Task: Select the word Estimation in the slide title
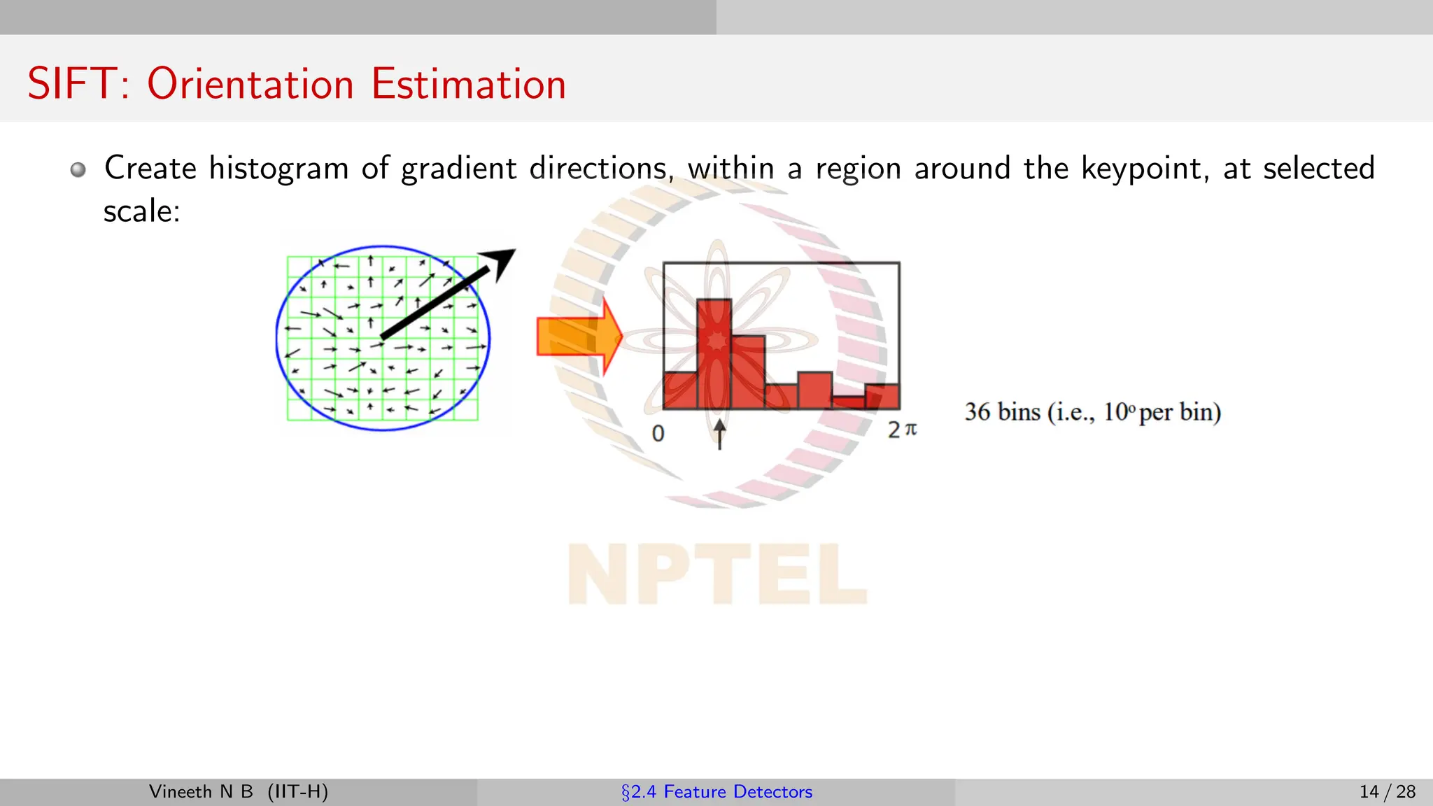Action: pyautogui.click(x=468, y=84)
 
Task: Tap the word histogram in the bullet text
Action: pyautogui.click(x=278, y=169)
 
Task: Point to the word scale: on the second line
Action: pyautogui.click(x=142, y=211)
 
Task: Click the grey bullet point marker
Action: pyautogui.click(x=78, y=170)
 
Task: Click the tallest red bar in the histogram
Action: pyautogui.click(x=714, y=353)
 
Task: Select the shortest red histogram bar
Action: pyautogui.click(x=847, y=402)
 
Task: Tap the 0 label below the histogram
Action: pyautogui.click(x=658, y=434)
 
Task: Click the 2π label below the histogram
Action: pyautogui.click(x=902, y=430)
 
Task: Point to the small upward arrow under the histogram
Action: pyautogui.click(x=719, y=434)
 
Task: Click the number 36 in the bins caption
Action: pyautogui.click(x=977, y=412)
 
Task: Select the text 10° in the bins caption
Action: pyautogui.click(x=1118, y=412)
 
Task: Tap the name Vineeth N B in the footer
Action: pyautogui.click(x=201, y=792)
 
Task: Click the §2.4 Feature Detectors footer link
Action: pyautogui.click(x=716, y=792)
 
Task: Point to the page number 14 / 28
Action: pyautogui.click(x=1387, y=792)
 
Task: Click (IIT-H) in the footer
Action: pyautogui.click(x=297, y=792)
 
